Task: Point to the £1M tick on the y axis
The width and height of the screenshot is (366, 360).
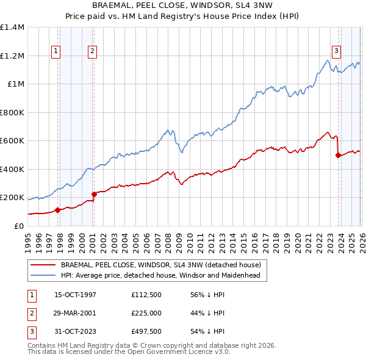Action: coord(16,84)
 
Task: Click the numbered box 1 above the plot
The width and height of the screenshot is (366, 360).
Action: coord(56,51)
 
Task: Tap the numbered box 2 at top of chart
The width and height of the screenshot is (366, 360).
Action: coord(92,51)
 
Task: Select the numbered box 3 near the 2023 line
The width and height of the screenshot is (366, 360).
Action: coord(336,51)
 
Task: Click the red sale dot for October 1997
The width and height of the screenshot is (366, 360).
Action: coord(58,210)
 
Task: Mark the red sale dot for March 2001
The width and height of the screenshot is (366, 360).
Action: coord(94,194)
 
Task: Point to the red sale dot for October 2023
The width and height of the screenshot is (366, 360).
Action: coord(337,156)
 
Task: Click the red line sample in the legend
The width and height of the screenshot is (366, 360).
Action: coord(44,265)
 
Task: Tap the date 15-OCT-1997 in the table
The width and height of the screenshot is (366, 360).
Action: coord(75,295)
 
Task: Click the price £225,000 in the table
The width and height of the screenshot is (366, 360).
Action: coord(146,313)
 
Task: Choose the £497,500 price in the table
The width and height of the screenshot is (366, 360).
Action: coord(146,331)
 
